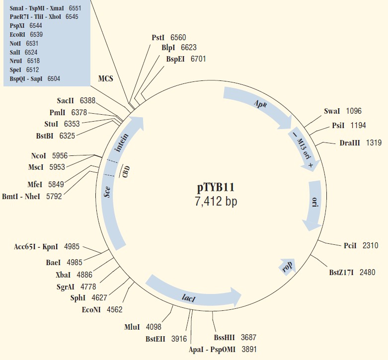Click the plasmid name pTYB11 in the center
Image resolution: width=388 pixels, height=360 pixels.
coord(216,187)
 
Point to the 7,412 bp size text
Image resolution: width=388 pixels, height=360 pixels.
coord(216,202)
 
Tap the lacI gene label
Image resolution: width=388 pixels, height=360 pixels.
coord(189,298)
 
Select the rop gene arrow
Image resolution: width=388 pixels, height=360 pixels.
coord(288,266)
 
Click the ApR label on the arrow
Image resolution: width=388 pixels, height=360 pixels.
coord(260,103)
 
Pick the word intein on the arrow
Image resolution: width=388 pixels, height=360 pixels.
coord(122,143)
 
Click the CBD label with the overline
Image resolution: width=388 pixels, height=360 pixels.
coord(126,171)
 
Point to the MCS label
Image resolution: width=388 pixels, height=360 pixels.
coord(106,78)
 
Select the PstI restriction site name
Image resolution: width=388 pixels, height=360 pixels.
coord(158,38)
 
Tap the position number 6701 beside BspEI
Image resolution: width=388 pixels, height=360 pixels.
coord(198,59)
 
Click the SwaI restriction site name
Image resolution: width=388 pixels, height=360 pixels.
coord(332,111)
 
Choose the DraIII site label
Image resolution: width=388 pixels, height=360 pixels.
coord(350,143)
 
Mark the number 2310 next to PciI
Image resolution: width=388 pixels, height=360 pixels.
coord(371,245)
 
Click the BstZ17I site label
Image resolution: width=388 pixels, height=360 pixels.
coord(341,273)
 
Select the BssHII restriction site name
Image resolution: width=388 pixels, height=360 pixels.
coord(224,338)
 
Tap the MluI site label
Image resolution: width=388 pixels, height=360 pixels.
coord(132,327)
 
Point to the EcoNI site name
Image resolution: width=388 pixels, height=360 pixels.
coord(91,309)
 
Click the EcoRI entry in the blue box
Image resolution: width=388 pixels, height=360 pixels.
coord(17,34)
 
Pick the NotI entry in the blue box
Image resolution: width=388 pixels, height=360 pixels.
coord(15,43)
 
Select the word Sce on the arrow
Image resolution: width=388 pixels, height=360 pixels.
coord(107,192)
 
